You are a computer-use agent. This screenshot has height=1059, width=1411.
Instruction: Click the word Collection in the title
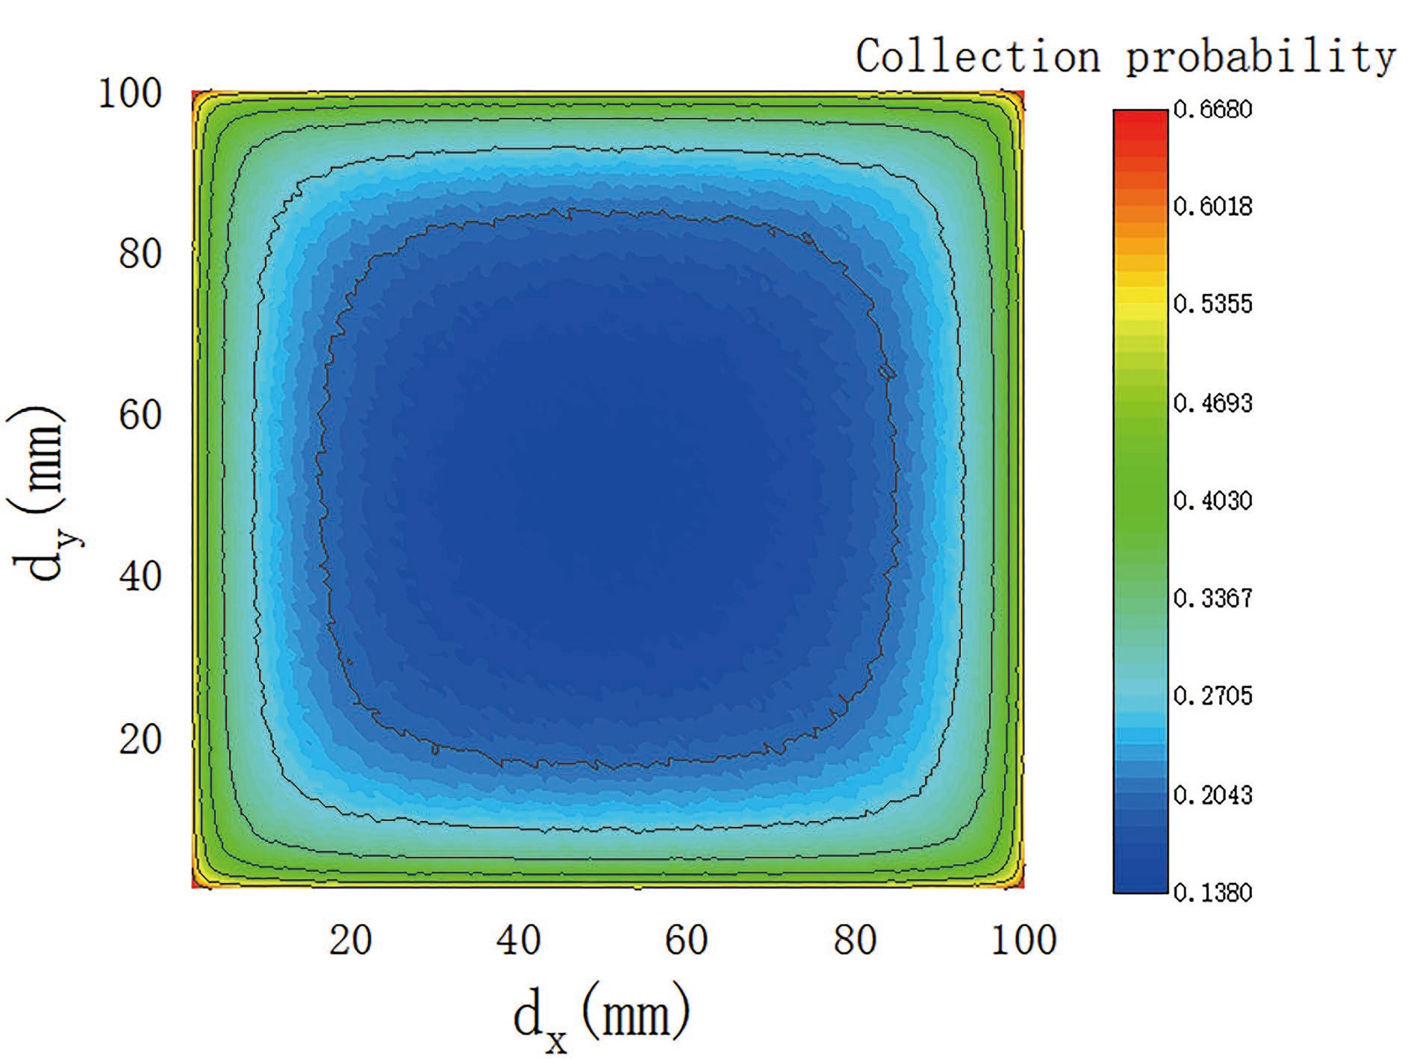(978, 57)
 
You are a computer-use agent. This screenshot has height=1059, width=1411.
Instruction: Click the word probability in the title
(1261, 57)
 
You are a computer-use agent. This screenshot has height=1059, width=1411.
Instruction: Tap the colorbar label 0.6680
(1212, 110)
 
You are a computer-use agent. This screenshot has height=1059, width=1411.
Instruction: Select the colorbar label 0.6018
(1212, 207)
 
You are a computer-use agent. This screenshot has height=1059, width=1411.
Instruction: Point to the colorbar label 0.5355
(1212, 304)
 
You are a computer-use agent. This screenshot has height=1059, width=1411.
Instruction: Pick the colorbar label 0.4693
(1212, 403)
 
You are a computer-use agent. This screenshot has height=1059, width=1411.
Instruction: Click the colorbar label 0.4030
(1212, 500)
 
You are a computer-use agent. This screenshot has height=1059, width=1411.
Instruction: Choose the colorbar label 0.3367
(1212, 599)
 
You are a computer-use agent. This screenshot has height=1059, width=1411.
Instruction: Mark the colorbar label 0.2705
(1212, 696)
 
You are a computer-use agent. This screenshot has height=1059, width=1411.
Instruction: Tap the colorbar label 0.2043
(1212, 795)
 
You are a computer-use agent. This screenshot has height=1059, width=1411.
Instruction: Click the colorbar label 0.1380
(1212, 892)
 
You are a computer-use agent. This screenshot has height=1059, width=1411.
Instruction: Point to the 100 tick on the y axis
(130, 95)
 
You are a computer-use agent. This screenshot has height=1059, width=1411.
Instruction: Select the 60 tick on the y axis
(140, 415)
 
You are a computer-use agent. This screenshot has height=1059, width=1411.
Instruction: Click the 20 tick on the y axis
(140, 740)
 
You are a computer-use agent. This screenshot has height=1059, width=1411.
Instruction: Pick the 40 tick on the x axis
(518, 940)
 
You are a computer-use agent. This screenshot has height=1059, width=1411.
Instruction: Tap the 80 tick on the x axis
(855, 940)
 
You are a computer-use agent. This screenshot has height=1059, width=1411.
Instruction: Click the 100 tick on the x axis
(1024, 940)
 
